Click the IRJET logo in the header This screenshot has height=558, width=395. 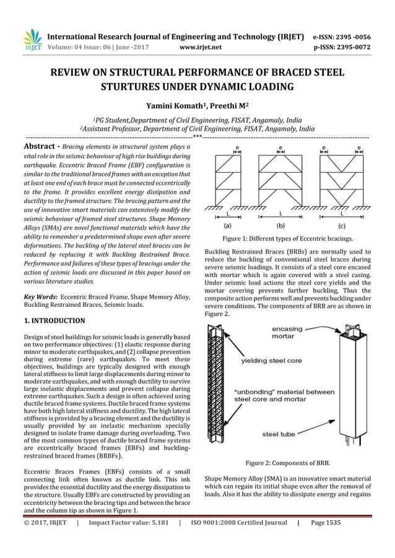point(32,39)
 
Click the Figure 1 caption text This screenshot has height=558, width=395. point(287,238)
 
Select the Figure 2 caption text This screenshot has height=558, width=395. point(287,462)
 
